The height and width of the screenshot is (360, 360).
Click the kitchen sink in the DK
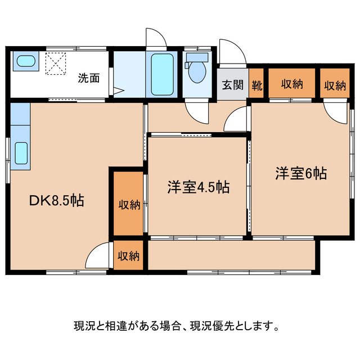[x=21, y=152]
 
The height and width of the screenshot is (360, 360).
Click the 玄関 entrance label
[x=232, y=85]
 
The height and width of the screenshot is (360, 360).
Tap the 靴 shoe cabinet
[x=256, y=85]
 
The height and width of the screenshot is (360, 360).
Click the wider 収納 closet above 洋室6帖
[x=292, y=84]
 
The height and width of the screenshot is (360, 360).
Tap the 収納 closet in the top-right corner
[x=335, y=85]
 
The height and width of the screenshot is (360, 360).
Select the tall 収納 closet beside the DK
[x=129, y=204]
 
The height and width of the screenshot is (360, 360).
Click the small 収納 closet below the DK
[x=128, y=256]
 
